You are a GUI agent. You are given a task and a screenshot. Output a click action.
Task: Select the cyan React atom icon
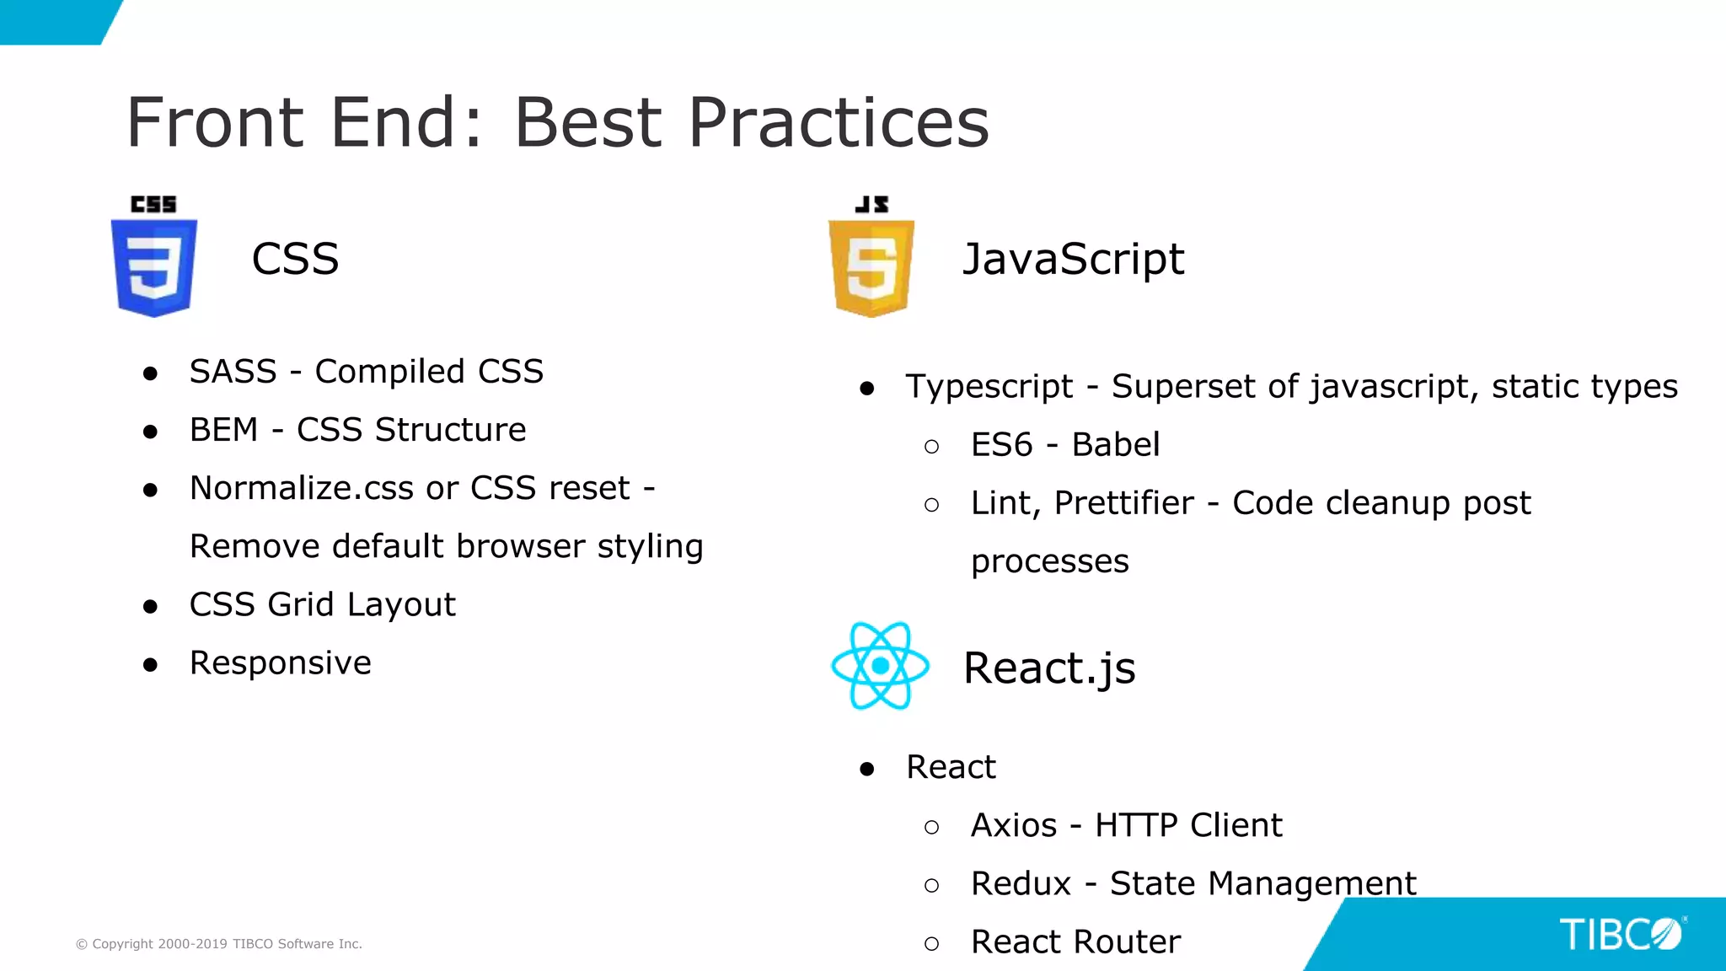tap(880, 666)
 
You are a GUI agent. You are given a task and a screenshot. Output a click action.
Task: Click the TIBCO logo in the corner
tap(1621, 934)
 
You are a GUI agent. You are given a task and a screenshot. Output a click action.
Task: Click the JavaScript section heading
tap(1073, 259)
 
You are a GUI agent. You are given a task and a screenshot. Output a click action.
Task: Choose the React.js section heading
tap(1049, 668)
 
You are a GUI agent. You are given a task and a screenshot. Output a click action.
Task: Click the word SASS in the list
tap(233, 372)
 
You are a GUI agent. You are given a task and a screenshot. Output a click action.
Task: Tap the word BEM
tap(223, 430)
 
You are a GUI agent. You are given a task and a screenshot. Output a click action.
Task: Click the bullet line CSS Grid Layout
tap(322, 605)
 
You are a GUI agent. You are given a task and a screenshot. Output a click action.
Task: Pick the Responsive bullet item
tap(280, 663)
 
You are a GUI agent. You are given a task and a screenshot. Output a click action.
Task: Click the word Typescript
tap(989, 387)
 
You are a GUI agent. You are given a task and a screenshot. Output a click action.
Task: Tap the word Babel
tap(1115, 445)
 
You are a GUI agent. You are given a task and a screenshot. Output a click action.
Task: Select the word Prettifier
tap(1123, 503)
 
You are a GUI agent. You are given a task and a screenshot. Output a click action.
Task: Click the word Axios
tap(1013, 825)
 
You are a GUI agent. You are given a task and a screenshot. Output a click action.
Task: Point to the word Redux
tap(1020, 883)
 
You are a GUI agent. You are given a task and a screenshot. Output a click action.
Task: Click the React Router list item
tap(1075, 941)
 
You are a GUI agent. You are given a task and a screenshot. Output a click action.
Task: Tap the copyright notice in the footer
tap(219, 944)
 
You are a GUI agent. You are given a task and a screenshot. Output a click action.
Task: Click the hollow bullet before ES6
tap(931, 447)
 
